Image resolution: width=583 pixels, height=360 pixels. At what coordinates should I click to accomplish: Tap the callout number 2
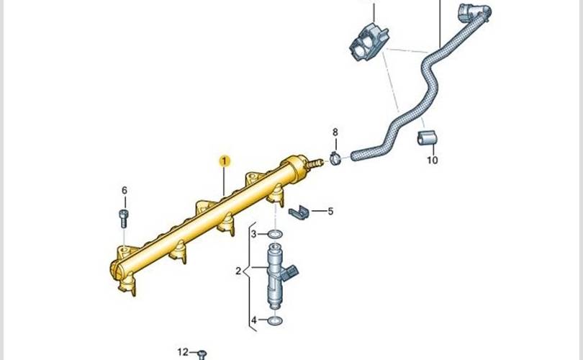point(238,271)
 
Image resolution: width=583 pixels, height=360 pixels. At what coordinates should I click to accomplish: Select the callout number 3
point(253,234)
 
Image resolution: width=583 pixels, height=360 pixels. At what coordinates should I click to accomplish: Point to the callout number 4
point(253,320)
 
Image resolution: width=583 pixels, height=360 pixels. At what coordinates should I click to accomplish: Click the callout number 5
point(330,212)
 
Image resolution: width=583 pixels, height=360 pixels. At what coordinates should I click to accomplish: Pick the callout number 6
point(124,190)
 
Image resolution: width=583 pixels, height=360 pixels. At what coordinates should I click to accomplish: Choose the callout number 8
point(335,132)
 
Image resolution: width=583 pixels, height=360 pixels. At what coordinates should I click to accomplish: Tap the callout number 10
point(432,160)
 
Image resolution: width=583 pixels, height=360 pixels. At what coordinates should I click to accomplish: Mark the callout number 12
point(183,352)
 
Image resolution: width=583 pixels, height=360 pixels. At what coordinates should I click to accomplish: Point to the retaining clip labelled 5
point(300,212)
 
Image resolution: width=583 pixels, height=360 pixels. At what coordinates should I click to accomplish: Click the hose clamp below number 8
point(335,158)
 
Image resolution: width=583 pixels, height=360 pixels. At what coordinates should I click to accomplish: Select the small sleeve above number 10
point(427,138)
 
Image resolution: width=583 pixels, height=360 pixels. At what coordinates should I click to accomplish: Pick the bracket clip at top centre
point(368,42)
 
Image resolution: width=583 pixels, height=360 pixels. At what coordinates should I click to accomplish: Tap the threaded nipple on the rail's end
point(313,163)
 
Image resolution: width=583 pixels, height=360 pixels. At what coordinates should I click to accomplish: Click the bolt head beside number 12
point(202,354)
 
